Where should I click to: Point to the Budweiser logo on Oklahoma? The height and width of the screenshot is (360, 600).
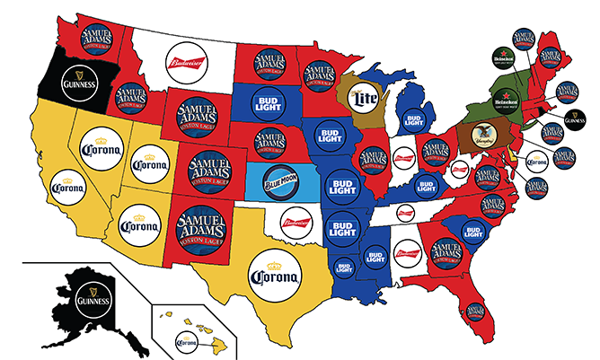[x=301, y=223]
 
